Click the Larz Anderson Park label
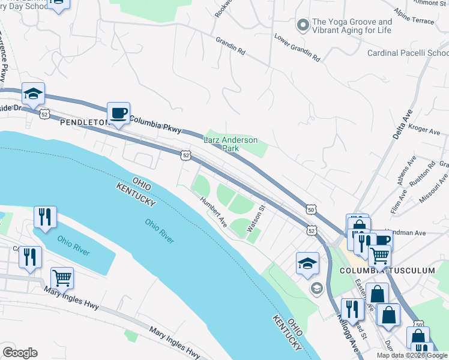coord(231,144)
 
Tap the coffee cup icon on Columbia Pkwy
coord(118,113)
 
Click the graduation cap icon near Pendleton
coord(33,94)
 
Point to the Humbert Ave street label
coord(213,212)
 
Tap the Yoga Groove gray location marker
coord(303,25)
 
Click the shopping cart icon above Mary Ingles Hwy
coord(62,278)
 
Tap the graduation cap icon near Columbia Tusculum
coord(307,263)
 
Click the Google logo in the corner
coord(20,353)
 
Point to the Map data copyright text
coord(412,355)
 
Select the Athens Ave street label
coord(411,172)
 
